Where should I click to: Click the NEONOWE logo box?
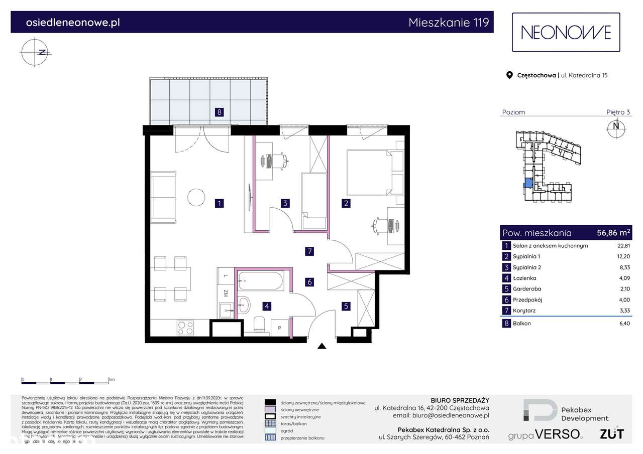click(x=566, y=33)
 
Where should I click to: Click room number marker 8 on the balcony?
click(x=219, y=112)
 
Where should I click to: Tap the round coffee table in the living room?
click(x=196, y=197)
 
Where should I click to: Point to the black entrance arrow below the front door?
click(x=321, y=346)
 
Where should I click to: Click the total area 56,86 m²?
click(x=613, y=233)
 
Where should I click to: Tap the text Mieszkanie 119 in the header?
click(x=448, y=23)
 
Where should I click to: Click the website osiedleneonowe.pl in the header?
click(x=72, y=23)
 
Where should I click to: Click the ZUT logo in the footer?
click(x=612, y=433)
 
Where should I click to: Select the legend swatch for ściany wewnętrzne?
click(x=270, y=409)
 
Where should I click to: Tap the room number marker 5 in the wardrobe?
click(x=346, y=305)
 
